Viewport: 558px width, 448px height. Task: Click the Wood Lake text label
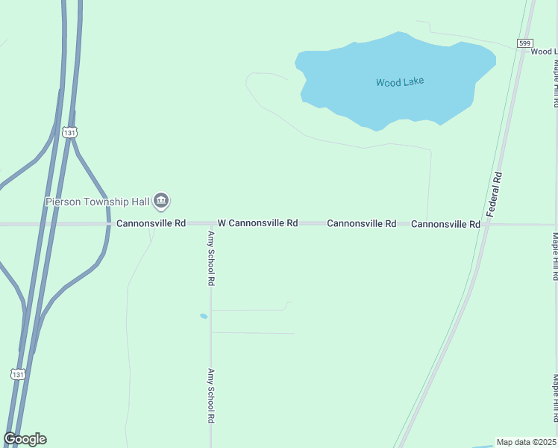pyautogui.click(x=399, y=82)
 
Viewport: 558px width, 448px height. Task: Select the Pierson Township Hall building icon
pyautogui.click(x=161, y=200)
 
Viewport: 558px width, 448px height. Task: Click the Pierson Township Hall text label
pyautogui.click(x=97, y=201)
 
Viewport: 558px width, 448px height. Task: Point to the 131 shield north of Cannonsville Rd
pyautogui.click(x=69, y=132)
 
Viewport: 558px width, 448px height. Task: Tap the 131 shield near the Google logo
pyautogui.click(x=18, y=373)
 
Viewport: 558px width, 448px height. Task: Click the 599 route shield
pyautogui.click(x=527, y=43)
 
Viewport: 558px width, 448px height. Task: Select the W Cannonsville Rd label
pyautogui.click(x=257, y=223)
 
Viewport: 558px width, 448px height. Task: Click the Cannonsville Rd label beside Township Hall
pyautogui.click(x=151, y=223)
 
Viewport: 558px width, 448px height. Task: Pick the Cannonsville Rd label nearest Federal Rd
pyautogui.click(x=445, y=224)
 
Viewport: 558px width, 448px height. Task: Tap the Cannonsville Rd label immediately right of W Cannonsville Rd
pyautogui.click(x=361, y=223)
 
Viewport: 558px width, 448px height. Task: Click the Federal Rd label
pyautogui.click(x=495, y=194)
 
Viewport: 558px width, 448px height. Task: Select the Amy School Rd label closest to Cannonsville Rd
pyautogui.click(x=211, y=258)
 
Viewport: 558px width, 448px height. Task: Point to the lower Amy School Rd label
pyautogui.click(x=211, y=396)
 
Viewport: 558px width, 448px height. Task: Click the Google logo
pyautogui.click(x=25, y=439)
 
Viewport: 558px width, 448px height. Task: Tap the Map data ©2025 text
pyautogui.click(x=526, y=442)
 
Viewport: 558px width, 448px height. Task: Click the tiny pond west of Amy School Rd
pyautogui.click(x=204, y=316)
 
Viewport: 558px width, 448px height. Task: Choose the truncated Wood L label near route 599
pyautogui.click(x=544, y=52)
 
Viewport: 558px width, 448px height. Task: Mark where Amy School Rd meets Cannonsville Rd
pyautogui.click(x=210, y=224)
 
